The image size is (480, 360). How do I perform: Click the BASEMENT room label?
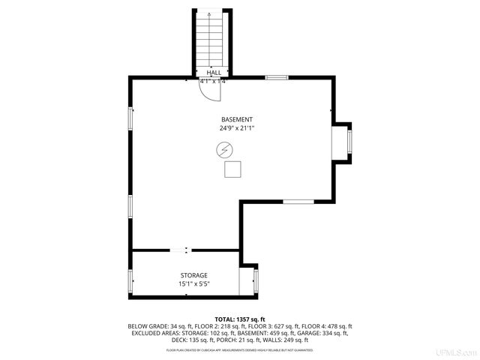(236, 120)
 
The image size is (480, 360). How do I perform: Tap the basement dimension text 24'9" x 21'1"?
(236, 128)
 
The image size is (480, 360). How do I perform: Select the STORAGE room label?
(193, 276)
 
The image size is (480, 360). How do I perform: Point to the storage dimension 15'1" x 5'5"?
(193, 284)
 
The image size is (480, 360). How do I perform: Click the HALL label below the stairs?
(213, 73)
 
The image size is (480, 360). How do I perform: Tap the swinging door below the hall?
(209, 91)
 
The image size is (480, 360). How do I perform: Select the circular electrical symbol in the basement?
(223, 151)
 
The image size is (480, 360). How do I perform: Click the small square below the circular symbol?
(232, 170)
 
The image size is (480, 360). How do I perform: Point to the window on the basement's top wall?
(277, 77)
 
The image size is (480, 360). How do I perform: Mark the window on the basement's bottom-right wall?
(298, 201)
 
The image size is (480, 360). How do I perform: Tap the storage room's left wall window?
(131, 282)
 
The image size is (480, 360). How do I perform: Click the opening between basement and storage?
(186, 250)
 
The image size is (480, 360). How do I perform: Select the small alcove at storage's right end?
(247, 281)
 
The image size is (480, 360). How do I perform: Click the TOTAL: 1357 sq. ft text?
(239, 319)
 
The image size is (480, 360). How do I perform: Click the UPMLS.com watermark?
(457, 352)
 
